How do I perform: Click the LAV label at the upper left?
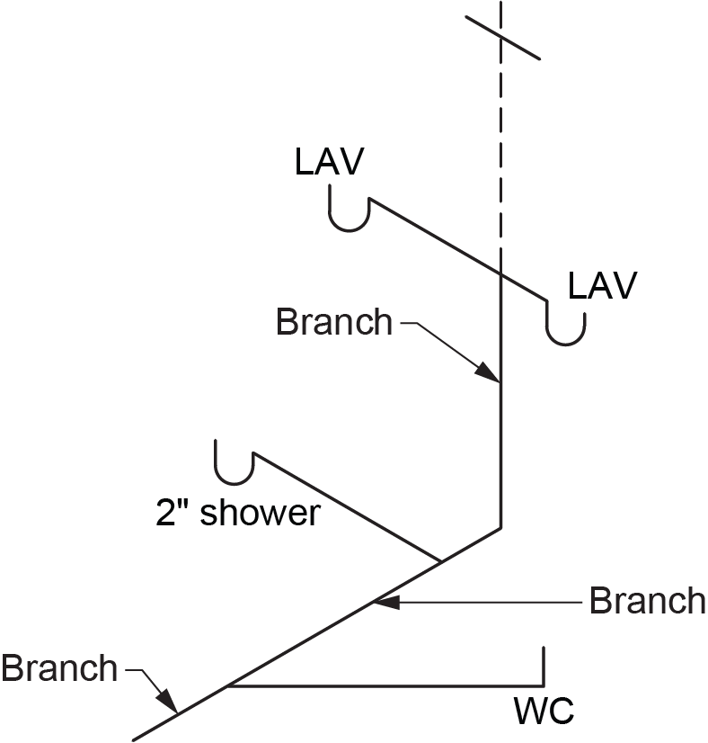[329, 162]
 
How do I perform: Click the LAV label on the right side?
[602, 285]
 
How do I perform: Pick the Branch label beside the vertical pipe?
[334, 322]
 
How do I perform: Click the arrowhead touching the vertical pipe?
[491, 373]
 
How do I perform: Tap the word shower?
[259, 513]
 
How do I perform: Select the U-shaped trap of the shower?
[235, 468]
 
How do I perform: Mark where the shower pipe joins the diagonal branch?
[440, 561]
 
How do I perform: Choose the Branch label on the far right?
[647, 600]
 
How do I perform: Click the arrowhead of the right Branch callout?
[381, 600]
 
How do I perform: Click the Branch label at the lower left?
[59, 668]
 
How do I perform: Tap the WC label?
[544, 712]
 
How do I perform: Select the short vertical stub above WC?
[543, 666]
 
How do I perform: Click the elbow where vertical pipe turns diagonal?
[500, 528]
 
